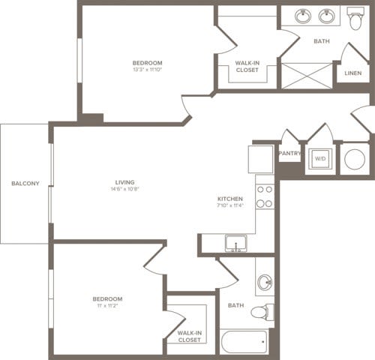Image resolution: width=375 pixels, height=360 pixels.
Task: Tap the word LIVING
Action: (x=124, y=181)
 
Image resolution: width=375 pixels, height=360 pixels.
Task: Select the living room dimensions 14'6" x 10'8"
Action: (x=124, y=189)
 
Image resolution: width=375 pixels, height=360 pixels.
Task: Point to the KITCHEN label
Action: (x=229, y=199)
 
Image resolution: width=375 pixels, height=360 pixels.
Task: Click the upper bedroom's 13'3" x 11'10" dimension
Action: (x=147, y=70)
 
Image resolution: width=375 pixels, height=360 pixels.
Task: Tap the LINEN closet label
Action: (x=352, y=73)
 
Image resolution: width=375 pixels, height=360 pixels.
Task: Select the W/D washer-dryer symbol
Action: (x=320, y=159)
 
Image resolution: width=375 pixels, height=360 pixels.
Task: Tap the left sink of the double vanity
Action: (x=304, y=16)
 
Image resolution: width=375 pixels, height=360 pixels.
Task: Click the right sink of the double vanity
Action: (x=327, y=16)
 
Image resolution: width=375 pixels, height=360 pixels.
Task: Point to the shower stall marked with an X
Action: (x=307, y=76)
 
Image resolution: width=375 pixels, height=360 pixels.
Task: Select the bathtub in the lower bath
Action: (x=244, y=343)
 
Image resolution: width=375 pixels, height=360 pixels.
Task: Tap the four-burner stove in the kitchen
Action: (x=264, y=196)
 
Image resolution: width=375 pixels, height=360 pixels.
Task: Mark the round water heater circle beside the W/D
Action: (x=354, y=158)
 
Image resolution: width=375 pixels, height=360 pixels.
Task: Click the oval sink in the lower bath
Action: (x=264, y=283)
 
